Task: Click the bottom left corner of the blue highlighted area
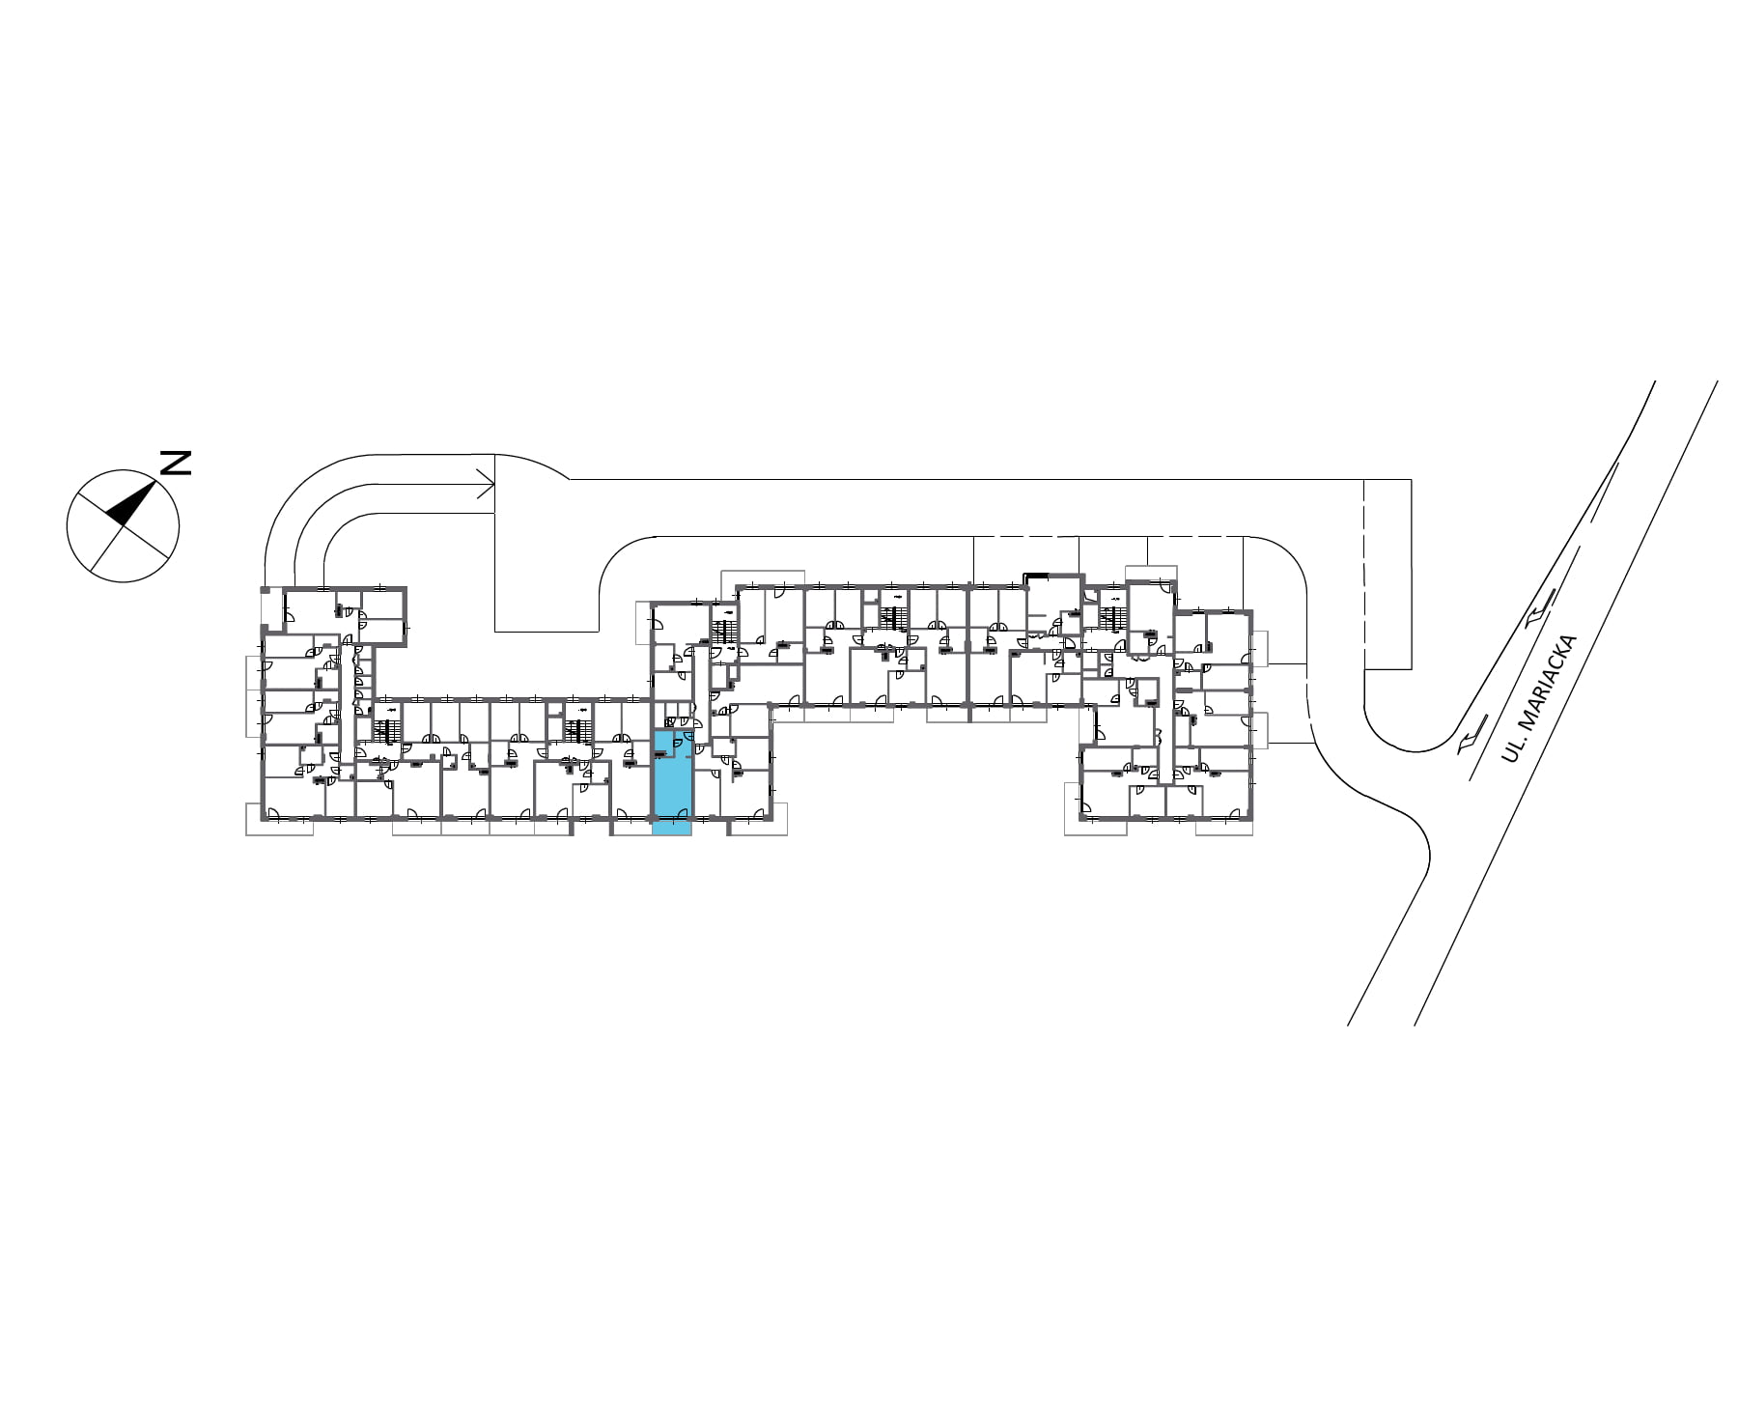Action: pyautogui.click(x=653, y=834)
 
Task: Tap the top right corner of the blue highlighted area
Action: pyautogui.click(x=691, y=731)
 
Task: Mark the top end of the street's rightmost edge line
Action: pyautogui.click(x=1717, y=380)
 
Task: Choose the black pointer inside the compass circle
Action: pyautogui.click(x=131, y=502)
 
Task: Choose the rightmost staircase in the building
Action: pyautogui.click(x=1113, y=616)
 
